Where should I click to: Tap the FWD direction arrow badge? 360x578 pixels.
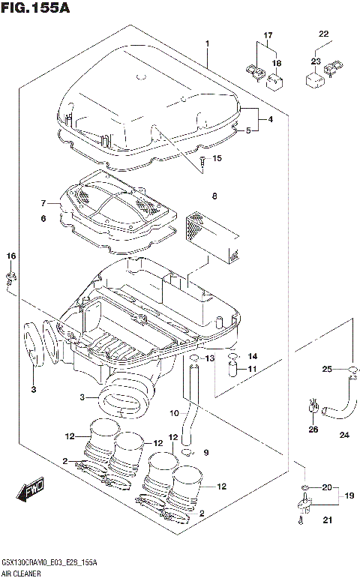tap(31, 491)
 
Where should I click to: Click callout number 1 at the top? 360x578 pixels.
tap(206, 44)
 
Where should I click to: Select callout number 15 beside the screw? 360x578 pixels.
tap(217, 158)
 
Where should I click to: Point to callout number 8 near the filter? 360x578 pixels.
tap(214, 196)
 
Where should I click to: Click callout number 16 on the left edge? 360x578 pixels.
tap(11, 257)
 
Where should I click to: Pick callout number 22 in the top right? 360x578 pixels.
tap(323, 34)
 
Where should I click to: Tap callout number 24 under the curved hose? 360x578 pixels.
tap(344, 435)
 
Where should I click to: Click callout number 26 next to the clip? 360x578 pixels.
tap(313, 430)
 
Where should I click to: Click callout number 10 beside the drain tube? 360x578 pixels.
tap(173, 413)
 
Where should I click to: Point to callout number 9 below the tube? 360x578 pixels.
tap(207, 452)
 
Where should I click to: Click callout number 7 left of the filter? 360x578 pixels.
tap(43, 203)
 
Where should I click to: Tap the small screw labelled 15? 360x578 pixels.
tap(202, 164)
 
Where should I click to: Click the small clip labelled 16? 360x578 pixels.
tap(11, 282)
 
